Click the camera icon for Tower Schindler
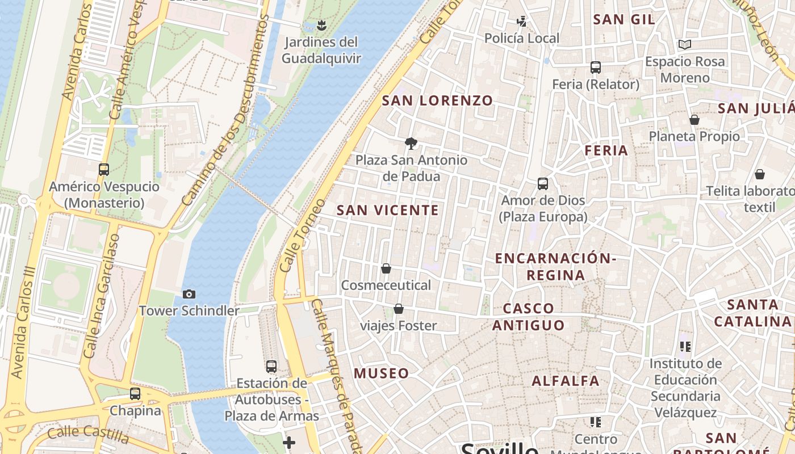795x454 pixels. (x=189, y=294)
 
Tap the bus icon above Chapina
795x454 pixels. (x=135, y=393)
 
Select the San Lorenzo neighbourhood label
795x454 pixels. (x=437, y=101)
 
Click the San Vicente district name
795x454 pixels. (x=388, y=211)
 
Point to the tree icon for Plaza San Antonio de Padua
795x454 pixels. (x=411, y=143)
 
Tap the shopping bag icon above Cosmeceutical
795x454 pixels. (x=386, y=268)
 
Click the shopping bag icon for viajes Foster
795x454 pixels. (x=399, y=309)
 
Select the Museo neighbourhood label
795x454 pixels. (x=381, y=373)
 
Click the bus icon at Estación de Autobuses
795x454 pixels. (x=271, y=366)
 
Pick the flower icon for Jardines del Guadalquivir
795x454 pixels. (x=321, y=25)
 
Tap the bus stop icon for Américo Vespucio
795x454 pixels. (x=104, y=169)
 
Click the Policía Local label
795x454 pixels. (x=521, y=39)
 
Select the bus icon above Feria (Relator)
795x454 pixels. (x=596, y=68)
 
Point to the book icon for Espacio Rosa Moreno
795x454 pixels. (x=685, y=44)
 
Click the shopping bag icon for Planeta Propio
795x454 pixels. (x=694, y=120)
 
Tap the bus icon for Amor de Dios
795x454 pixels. (x=543, y=183)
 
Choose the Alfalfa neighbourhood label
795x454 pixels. (x=566, y=381)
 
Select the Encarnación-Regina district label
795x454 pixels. (x=555, y=267)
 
